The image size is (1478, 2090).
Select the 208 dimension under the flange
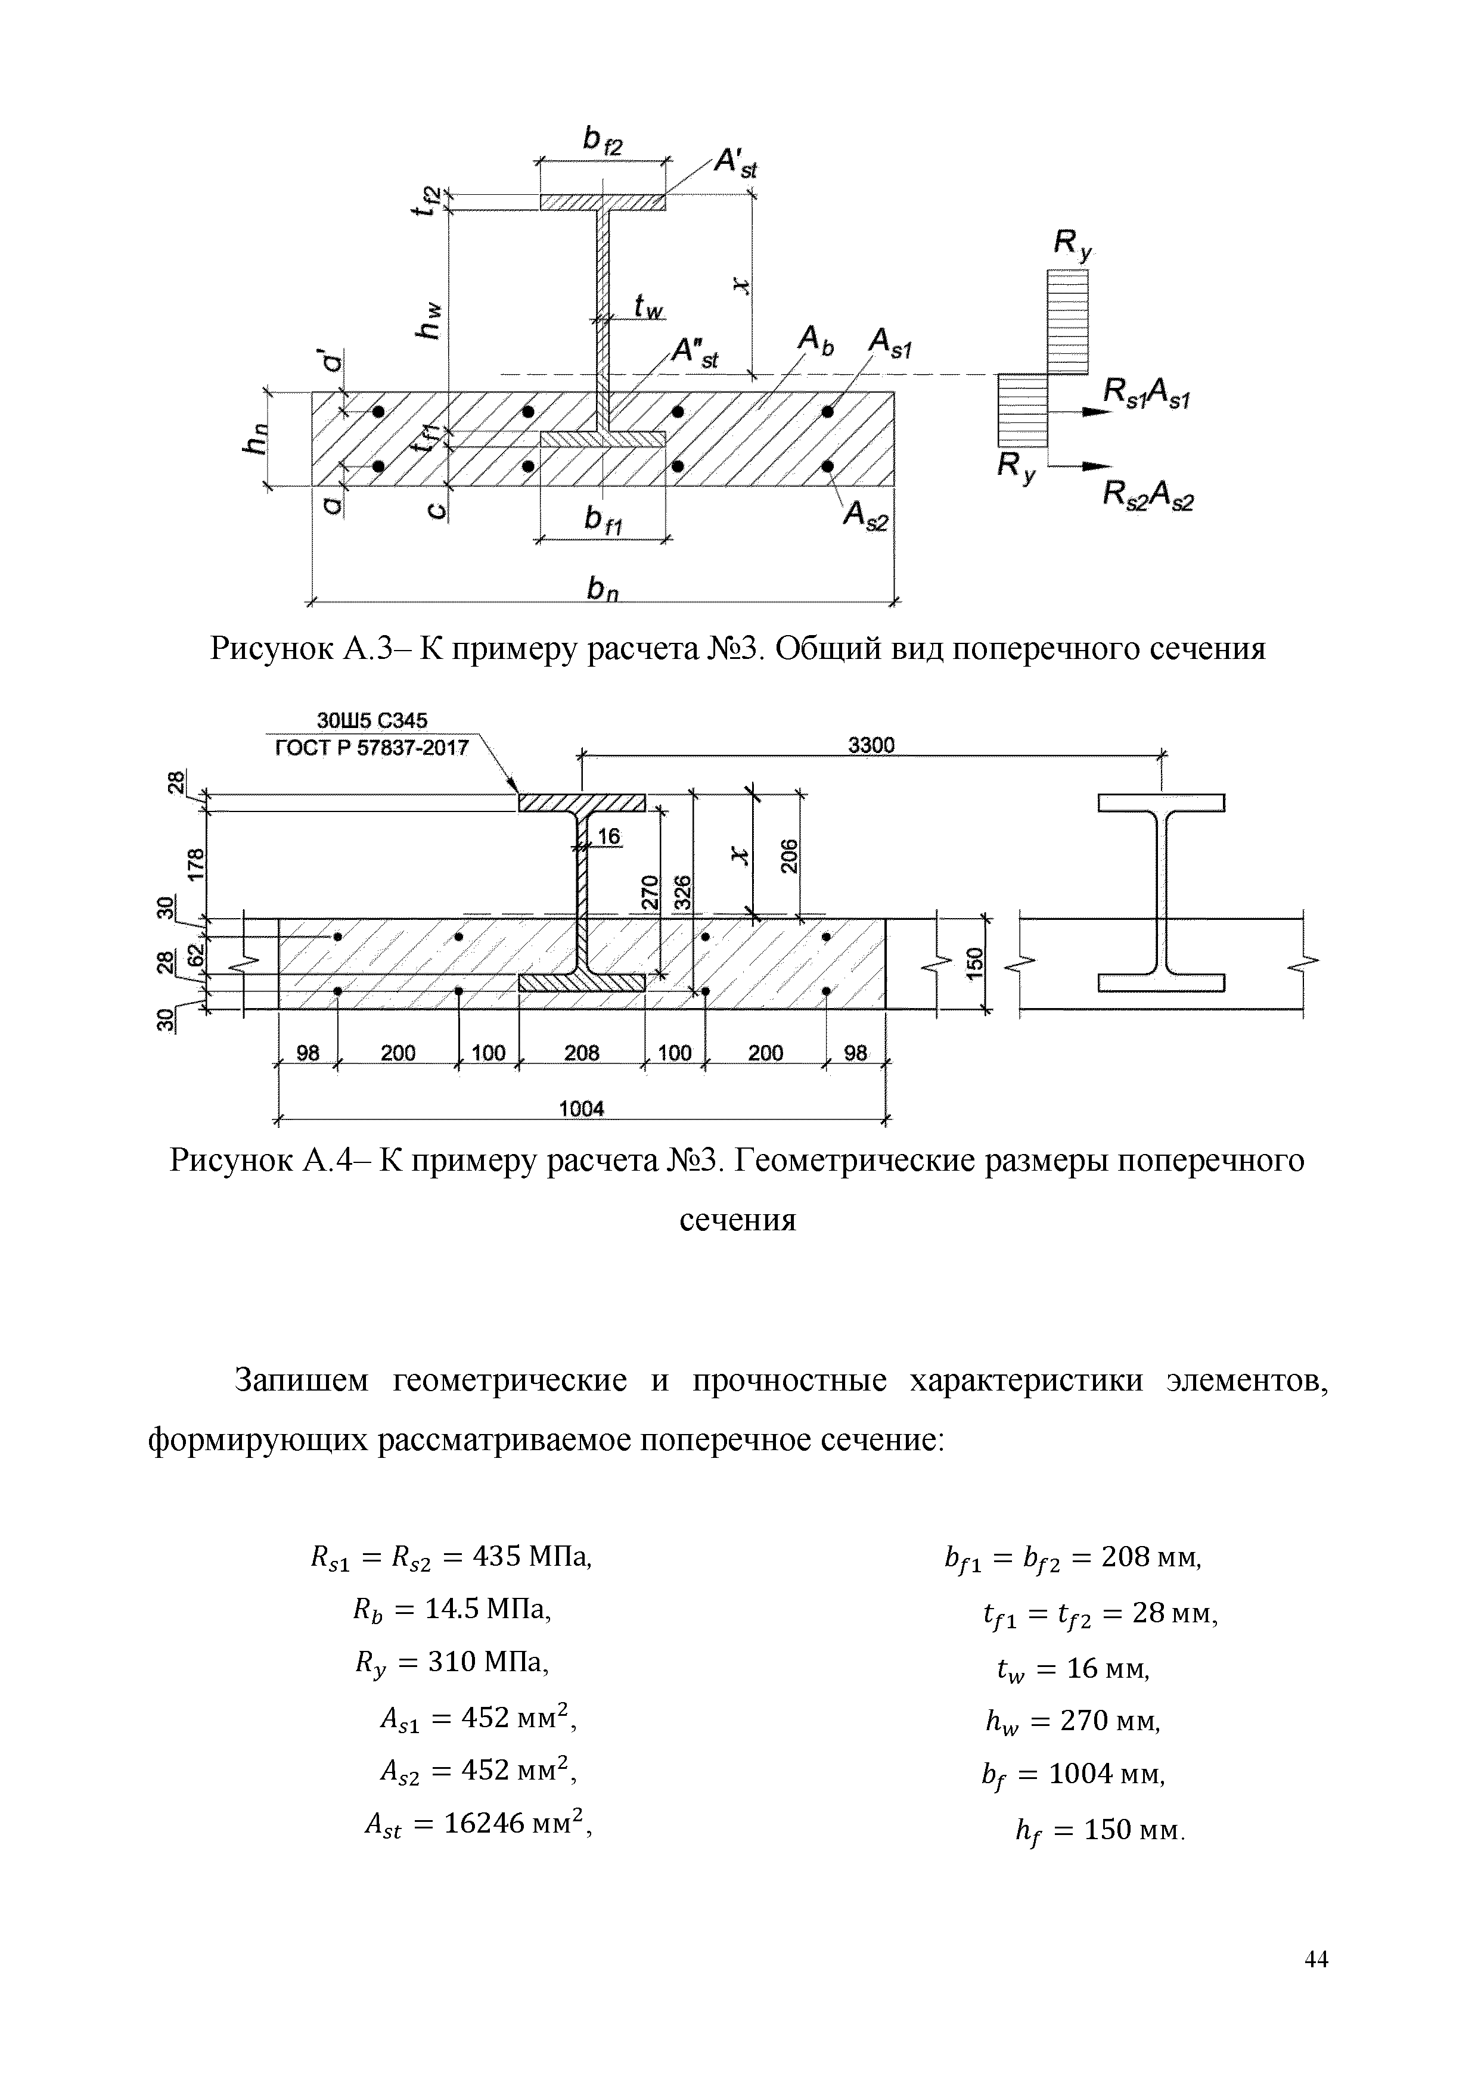pyautogui.click(x=582, y=1053)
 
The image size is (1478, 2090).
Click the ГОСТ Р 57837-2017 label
pyautogui.click(x=371, y=748)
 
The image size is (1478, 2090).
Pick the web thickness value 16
pyautogui.click(x=608, y=836)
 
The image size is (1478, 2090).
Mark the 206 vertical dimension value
pyautogui.click(x=790, y=856)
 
